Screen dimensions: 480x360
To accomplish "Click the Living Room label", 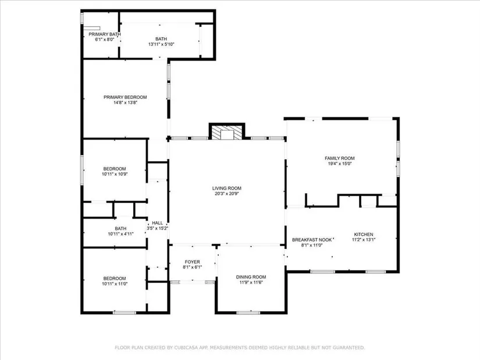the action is point(227,188).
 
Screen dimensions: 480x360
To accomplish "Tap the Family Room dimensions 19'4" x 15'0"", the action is point(340,163).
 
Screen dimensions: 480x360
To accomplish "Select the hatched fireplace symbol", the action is point(227,132).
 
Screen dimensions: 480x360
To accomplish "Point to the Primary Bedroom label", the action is point(125,97).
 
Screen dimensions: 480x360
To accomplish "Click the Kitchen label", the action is point(364,234).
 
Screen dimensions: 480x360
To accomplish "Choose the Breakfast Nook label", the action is point(312,240).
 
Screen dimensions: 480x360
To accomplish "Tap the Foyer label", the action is point(192,262).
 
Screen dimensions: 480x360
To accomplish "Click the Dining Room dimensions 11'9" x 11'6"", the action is point(251,282).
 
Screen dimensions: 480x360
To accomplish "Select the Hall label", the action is point(157,223).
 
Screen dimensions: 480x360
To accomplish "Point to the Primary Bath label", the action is point(105,34).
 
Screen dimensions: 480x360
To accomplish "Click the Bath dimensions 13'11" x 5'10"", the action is point(161,44).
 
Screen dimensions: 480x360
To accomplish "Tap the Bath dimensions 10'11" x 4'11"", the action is point(120,234).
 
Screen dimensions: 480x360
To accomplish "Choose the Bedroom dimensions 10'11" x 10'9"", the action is point(115,174).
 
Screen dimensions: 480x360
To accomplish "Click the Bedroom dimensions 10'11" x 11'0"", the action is point(115,283).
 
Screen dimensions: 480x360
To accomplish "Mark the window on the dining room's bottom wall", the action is point(248,312).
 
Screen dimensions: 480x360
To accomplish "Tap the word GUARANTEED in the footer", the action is point(349,347).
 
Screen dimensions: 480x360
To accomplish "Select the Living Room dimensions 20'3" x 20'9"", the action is point(227,194).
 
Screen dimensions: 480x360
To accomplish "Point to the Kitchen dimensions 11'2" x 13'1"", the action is point(364,240).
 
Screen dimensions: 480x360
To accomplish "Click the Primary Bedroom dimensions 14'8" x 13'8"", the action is point(125,102).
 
